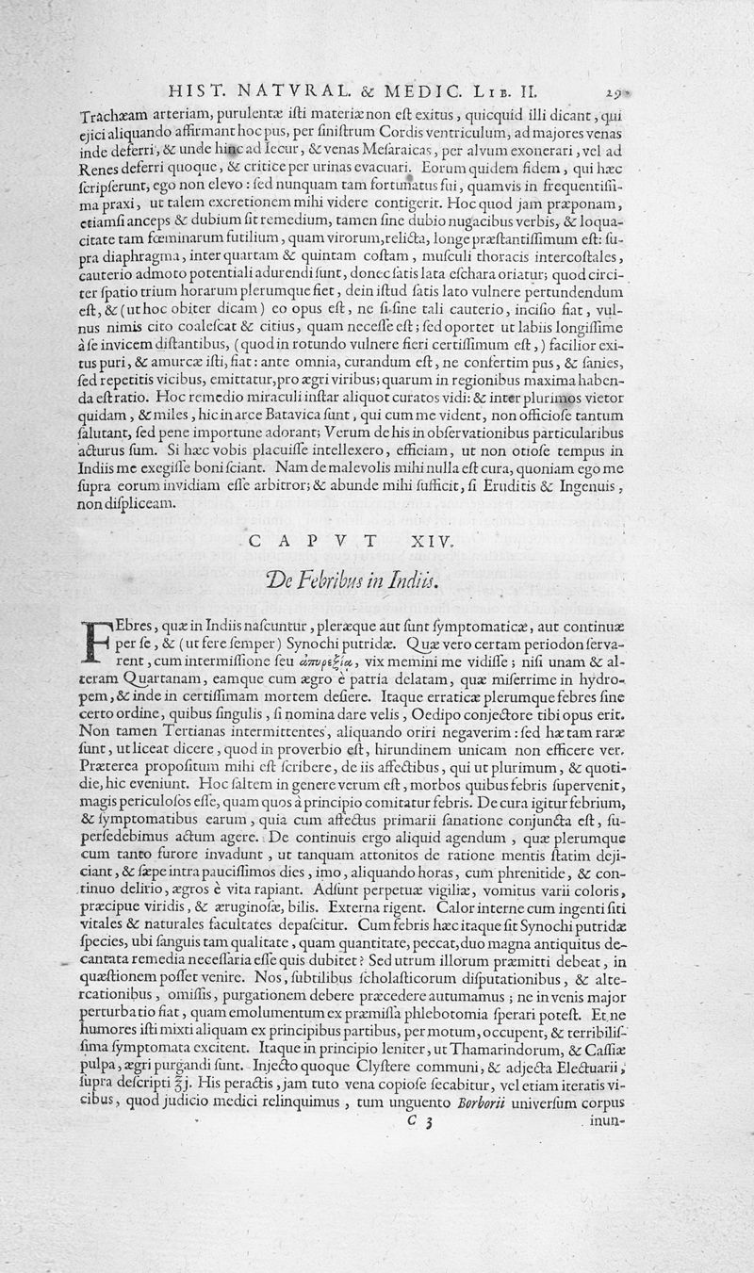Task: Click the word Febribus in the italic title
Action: point(341,580)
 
